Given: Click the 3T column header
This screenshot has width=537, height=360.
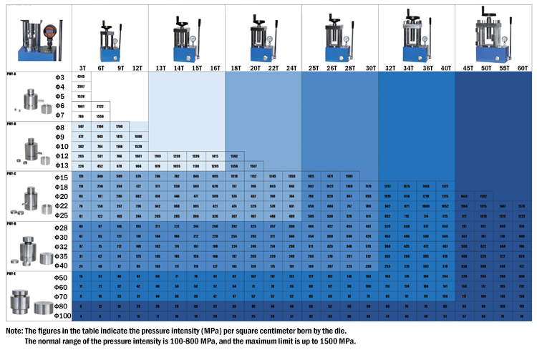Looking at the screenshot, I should [x=82, y=67].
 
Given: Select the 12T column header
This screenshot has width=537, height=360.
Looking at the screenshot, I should [x=137, y=67].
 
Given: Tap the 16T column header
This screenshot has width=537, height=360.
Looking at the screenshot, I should [x=215, y=67].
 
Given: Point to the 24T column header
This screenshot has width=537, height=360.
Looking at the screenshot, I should [x=291, y=67].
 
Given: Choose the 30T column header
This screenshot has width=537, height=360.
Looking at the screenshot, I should [x=370, y=67].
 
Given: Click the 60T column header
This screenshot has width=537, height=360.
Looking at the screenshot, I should [x=521, y=67].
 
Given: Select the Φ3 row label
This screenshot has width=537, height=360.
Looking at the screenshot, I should [x=60, y=77].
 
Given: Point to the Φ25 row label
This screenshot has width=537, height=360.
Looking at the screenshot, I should [x=61, y=215].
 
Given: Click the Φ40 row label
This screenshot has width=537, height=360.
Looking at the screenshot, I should [x=61, y=265].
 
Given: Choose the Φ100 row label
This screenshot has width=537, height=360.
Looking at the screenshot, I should [x=63, y=315].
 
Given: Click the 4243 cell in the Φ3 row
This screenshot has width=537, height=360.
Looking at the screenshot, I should [x=81, y=77].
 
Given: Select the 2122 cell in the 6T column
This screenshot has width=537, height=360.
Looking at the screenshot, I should [x=100, y=105].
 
